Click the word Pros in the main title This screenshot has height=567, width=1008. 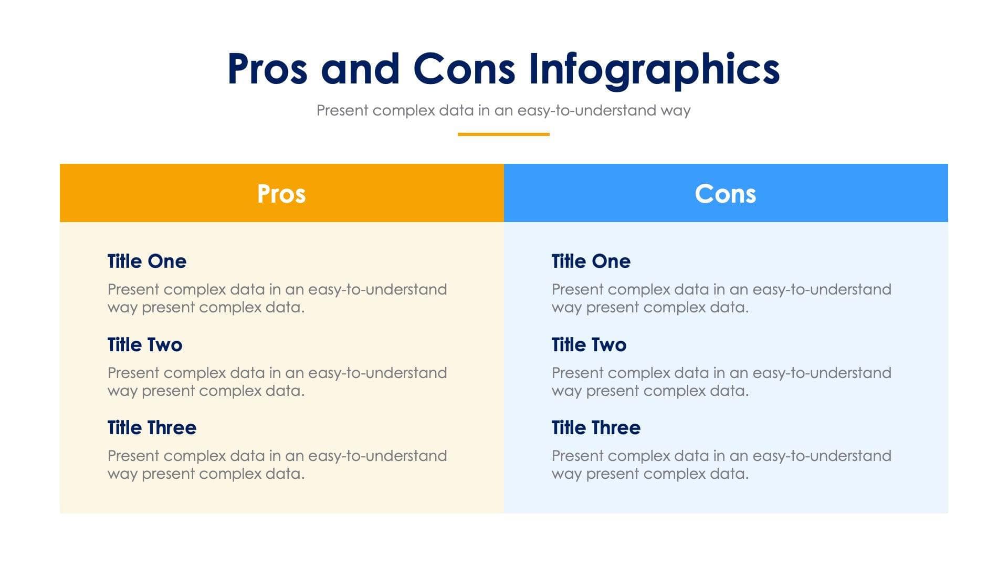[x=267, y=70]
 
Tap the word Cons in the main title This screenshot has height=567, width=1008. [x=464, y=70]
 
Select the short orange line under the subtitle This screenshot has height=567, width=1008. [x=503, y=134]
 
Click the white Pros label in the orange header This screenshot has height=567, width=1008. [x=281, y=194]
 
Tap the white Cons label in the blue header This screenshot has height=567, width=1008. [x=725, y=194]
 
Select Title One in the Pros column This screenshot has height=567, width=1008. [x=147, y=261]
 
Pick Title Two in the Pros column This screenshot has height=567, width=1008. [x=145, y=344]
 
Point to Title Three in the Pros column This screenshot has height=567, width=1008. [x=152, y=427]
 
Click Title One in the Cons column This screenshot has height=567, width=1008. [x=591, y=261]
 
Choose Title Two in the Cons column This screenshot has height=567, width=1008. [x=589, y=344]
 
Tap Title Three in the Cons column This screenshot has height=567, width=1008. [x=596, y=427]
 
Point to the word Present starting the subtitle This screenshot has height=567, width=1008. [x=342, y=111]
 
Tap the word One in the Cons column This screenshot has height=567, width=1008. [x=611, y=261]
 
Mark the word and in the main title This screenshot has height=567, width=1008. [x=360, y=70]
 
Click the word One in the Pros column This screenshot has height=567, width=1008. [x=166, y=261]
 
